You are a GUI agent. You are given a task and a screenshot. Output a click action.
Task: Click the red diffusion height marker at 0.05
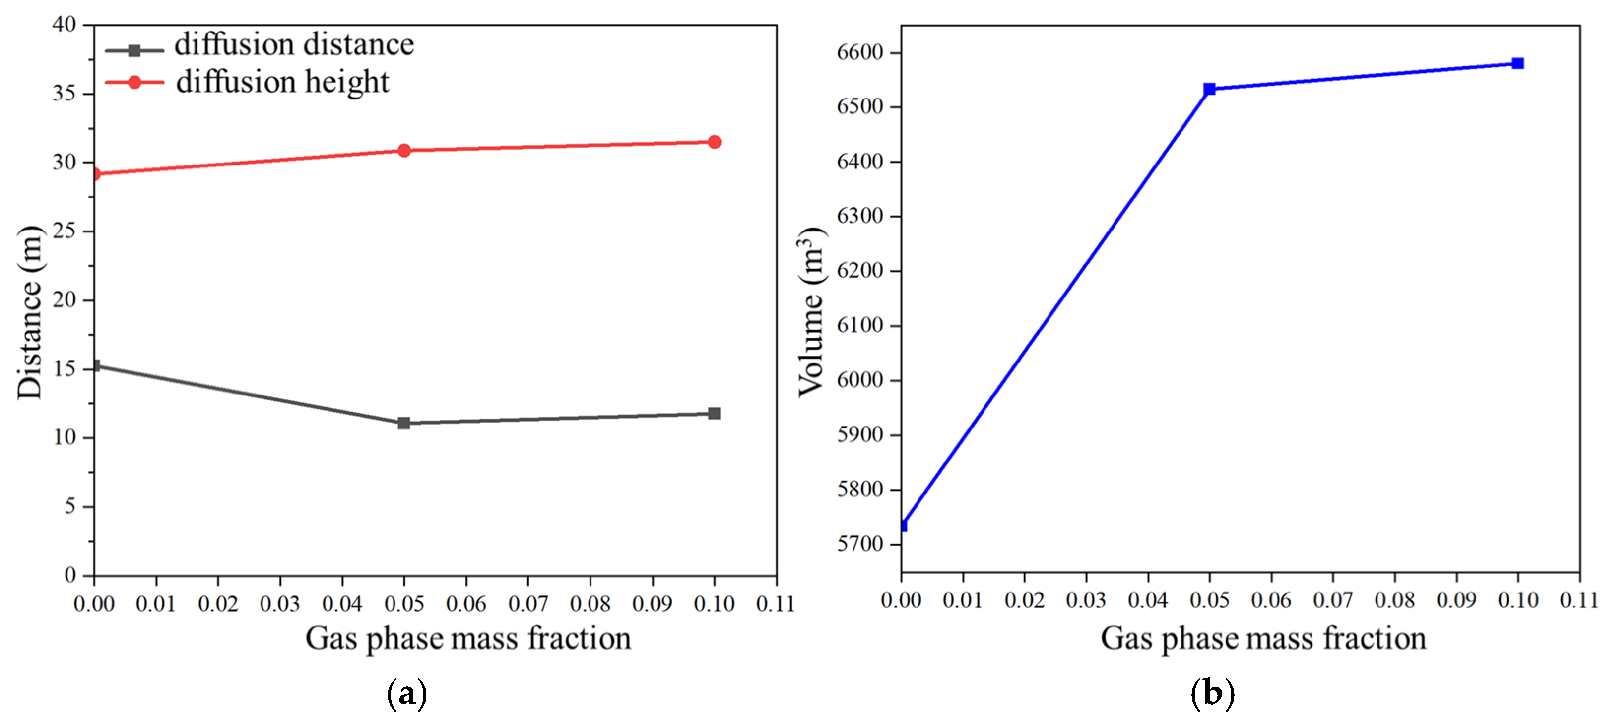click(404, 150)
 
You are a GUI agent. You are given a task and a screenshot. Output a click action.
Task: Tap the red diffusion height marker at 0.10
click(714, 142)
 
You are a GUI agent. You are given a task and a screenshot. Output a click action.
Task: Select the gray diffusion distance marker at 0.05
click(404, 423)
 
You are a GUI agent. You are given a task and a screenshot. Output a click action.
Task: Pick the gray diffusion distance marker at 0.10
click(714, 414)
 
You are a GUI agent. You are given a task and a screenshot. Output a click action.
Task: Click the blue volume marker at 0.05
click(1210, 89)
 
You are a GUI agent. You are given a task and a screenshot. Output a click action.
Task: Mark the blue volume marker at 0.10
click(1518, 64)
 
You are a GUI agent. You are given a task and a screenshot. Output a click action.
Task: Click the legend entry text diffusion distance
click(294, 45)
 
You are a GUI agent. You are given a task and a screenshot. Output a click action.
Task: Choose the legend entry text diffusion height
click(282, 82)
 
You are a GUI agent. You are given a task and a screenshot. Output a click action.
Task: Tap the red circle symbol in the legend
click(134, 82)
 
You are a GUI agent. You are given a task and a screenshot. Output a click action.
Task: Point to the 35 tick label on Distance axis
click(64, 94)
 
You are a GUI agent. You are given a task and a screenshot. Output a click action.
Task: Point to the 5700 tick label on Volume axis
click(860, 544)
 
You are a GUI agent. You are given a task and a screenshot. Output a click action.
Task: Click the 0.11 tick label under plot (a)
click(775, 604)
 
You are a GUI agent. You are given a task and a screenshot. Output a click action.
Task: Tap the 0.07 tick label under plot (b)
click(1333, 600)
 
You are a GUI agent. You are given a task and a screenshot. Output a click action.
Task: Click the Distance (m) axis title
click(30, 312)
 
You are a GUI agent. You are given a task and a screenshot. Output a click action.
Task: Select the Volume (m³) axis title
click(812, 312)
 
